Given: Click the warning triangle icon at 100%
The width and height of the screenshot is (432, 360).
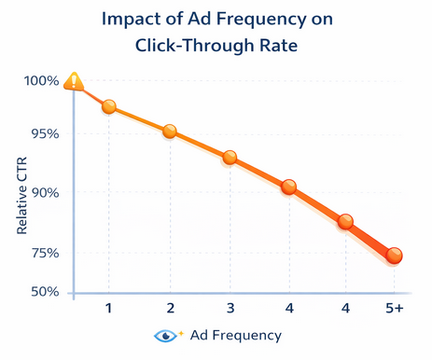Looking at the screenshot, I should click(x=74, y=83).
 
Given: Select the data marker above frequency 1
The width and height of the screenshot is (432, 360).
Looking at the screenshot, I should click(x=109, y=107).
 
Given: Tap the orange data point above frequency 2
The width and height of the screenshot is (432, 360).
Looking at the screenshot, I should click(x=170, y=132).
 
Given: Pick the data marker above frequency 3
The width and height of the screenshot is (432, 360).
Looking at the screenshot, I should click(x=230, y=158).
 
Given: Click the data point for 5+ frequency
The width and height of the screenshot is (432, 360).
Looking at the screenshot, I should click(x=394, y=256).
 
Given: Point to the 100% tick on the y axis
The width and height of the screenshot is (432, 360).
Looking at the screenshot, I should click(x=41, y=81).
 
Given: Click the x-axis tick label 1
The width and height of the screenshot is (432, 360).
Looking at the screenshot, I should click(x=109, y=309).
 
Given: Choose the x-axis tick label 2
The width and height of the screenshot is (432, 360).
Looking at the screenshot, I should click(x=170, y=309).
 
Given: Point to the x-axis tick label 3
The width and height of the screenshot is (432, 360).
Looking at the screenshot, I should click(x=230, y=309).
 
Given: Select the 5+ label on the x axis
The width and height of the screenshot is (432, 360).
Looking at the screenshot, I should click(x=394, y=309).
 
